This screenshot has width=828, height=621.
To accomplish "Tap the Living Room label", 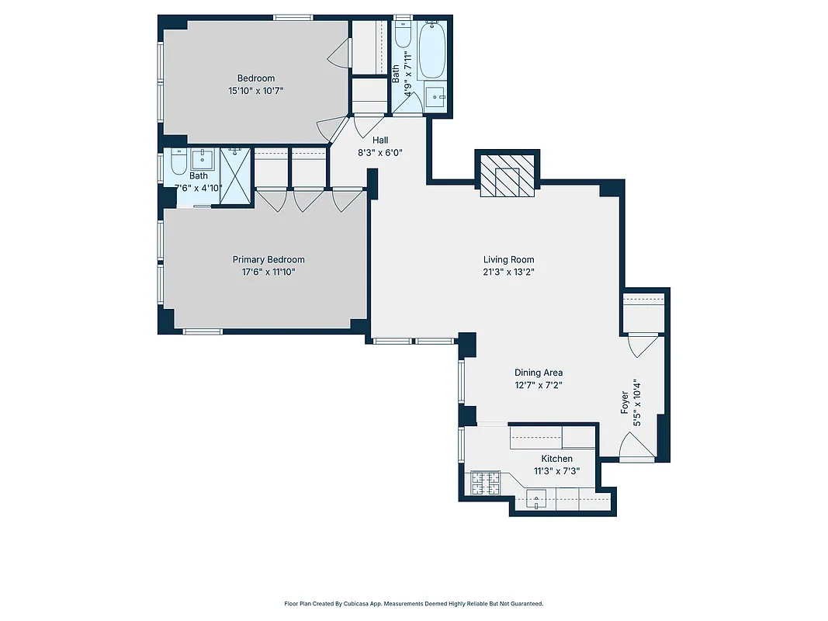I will point(508,260).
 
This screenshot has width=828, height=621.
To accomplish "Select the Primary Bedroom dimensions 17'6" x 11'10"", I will point(268,272).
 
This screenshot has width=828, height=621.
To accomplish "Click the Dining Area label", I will point(539,373).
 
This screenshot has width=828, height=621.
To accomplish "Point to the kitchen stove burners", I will point(485,485).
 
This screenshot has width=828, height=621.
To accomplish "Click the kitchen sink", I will point(538,500).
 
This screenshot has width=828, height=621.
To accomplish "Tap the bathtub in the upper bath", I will point(432,51).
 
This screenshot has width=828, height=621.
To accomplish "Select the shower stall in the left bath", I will point(236,175).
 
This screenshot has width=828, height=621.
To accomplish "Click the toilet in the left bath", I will point(177,164).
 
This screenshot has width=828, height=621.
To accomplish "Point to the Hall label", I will point(380,140).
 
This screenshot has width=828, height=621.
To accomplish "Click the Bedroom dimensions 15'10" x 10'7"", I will point(255,90).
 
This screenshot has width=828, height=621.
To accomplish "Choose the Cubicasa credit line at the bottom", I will point(414,603).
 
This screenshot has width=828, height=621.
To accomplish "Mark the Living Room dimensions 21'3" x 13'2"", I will point(508,272).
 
